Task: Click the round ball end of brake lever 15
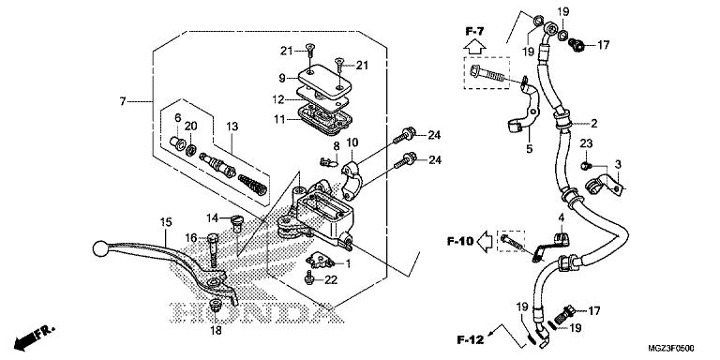99,248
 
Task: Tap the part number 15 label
166,223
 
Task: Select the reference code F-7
474,31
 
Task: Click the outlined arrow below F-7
474,46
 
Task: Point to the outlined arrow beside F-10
485,241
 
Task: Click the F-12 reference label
471,340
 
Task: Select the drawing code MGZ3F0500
671,348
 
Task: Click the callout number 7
123,101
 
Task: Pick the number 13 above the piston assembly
232,127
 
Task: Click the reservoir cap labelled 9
326,82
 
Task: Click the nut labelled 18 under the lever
215,305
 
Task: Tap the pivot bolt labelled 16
213,251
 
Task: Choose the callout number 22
331,279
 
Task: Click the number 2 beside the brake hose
593,123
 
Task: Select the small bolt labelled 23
586,165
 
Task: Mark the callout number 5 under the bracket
529,149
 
